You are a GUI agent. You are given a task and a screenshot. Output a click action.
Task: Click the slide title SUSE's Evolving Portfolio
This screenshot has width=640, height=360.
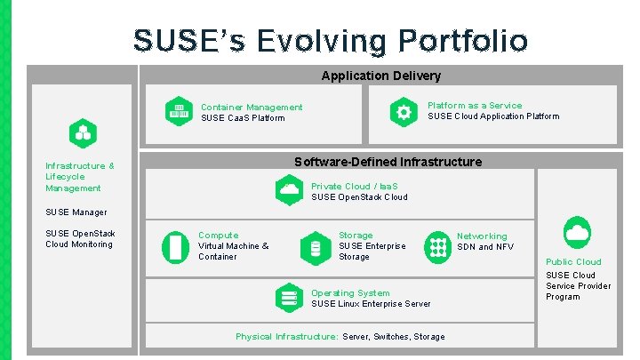(330, 40)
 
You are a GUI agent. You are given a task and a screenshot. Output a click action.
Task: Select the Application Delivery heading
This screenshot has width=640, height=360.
(380, 76)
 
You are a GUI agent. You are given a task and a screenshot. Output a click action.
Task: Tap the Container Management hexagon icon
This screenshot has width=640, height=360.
(179, 111)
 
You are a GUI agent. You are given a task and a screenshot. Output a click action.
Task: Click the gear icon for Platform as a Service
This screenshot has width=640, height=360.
(404, 111)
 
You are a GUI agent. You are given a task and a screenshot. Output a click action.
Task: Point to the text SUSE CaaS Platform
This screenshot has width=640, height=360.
(243, 118)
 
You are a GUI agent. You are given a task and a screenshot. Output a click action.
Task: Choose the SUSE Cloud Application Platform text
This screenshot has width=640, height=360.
(493, 116)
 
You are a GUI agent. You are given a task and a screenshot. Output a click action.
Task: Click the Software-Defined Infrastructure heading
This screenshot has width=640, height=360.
(388, 162)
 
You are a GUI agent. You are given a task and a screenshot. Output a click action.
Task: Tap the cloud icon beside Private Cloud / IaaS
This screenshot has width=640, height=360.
(289, 190)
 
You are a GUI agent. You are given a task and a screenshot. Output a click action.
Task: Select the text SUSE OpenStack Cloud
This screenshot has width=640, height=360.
(359, 197)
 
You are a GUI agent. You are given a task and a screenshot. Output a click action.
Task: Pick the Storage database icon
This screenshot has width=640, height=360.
(315, 246)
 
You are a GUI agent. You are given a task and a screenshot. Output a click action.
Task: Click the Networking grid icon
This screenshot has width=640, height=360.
(437, 246)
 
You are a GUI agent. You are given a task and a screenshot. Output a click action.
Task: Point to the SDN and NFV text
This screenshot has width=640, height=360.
(485, 247)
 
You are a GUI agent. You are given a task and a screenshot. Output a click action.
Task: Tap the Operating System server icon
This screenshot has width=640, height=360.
(288, 298)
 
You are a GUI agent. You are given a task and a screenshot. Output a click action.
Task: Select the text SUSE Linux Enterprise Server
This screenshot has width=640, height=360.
(371, 304)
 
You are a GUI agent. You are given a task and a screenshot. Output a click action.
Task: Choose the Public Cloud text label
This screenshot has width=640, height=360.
(573, 262)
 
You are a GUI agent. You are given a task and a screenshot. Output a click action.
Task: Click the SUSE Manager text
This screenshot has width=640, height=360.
(76, 212)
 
